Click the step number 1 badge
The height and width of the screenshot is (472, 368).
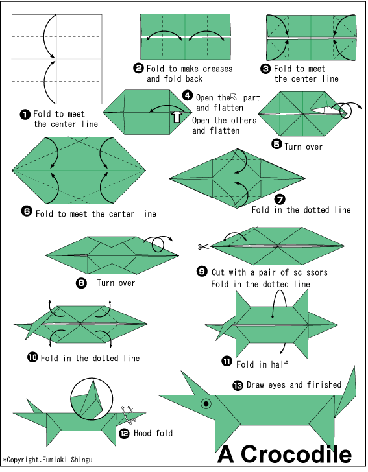pos(25,115)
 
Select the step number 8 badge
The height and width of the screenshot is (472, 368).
pos(81,283)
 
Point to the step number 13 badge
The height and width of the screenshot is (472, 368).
pos(238,385)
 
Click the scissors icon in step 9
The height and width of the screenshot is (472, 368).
pos(202,246)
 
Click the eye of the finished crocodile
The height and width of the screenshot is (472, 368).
pos(206,403)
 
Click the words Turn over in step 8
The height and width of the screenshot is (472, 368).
pos(116,283)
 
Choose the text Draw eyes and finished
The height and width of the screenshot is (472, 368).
pos(293,385)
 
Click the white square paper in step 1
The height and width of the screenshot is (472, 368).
pos(57,58)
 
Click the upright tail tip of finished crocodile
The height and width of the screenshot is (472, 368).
pos(354,370)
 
